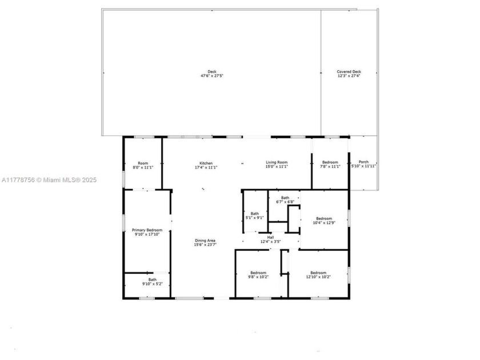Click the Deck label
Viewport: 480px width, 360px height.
(x=211, y=71)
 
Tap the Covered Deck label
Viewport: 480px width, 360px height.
(x=349, y=72)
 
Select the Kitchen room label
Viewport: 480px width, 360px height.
(x=206, y=163)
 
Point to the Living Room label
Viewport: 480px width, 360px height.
(x=277, y=163)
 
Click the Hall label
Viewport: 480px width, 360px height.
(x=270, y=236)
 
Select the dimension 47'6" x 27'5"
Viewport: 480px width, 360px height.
(x=211, y=76)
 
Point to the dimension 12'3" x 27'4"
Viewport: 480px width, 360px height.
(x=349, y=76)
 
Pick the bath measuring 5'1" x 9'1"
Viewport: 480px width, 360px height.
(x=254, y=215)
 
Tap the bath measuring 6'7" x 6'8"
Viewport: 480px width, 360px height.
(x=285, y=200)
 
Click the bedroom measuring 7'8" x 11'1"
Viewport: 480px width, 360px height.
(x=330, y=164)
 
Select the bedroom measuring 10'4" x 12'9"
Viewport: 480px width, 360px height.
(x=324, y=220)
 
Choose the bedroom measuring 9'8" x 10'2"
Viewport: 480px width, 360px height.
(x=258, y=275)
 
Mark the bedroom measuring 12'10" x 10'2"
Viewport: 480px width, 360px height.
(x=318, y=275)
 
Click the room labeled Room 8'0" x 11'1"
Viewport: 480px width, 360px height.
(x=143, y=165)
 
